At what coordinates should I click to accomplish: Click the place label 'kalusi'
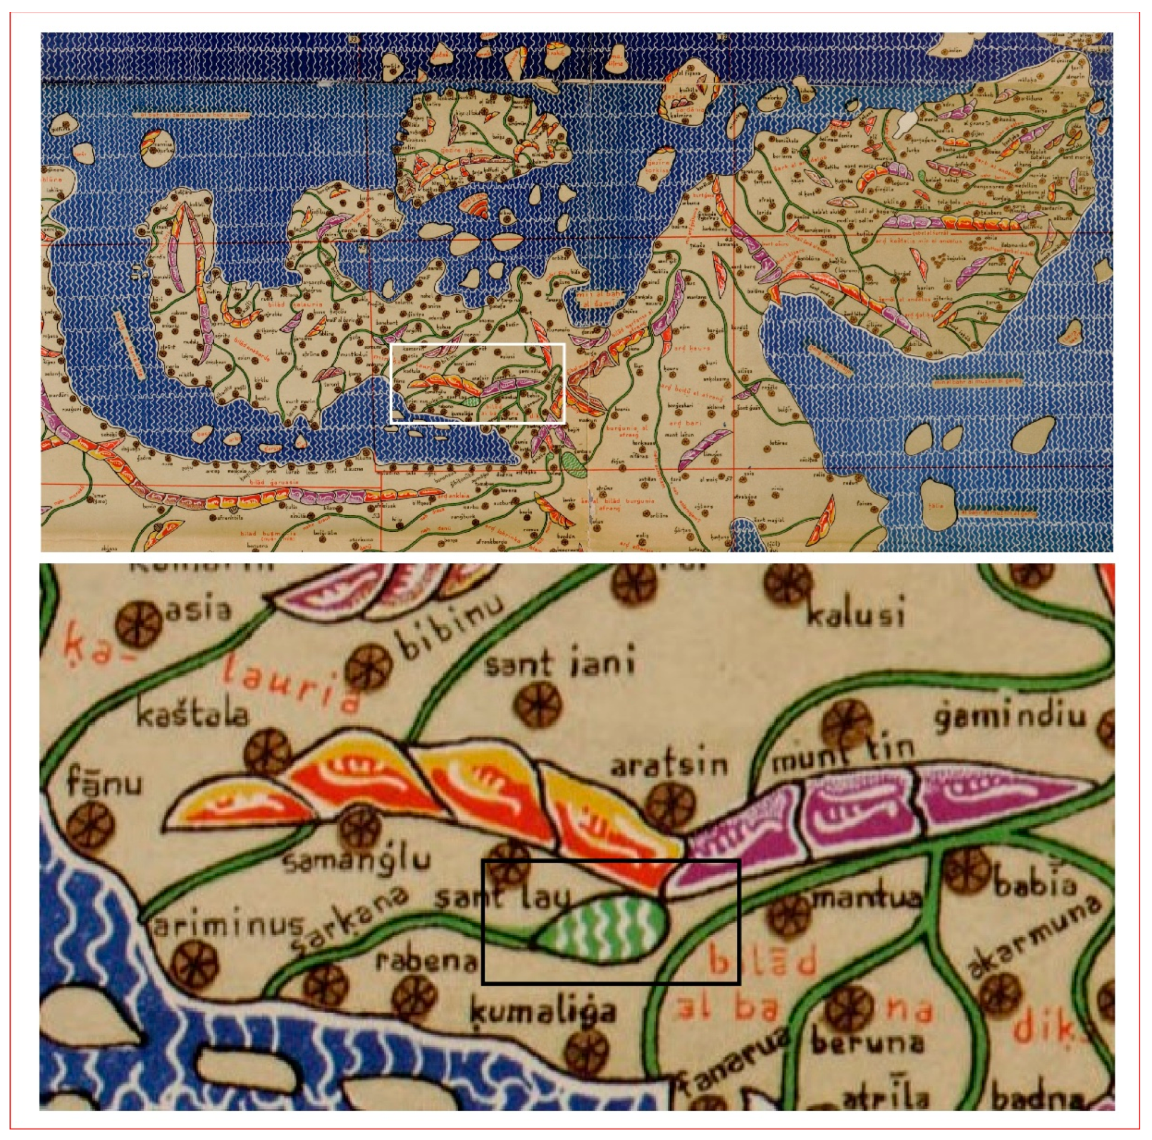pyautogui.click(x=855, y=614)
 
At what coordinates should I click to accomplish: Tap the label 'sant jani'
pyautogui.click(x=559, y=663)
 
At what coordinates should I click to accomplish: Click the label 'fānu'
pyautogui.click(x=104, y=783)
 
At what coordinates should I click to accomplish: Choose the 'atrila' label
pyautogui.click(x=885, y=1098)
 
